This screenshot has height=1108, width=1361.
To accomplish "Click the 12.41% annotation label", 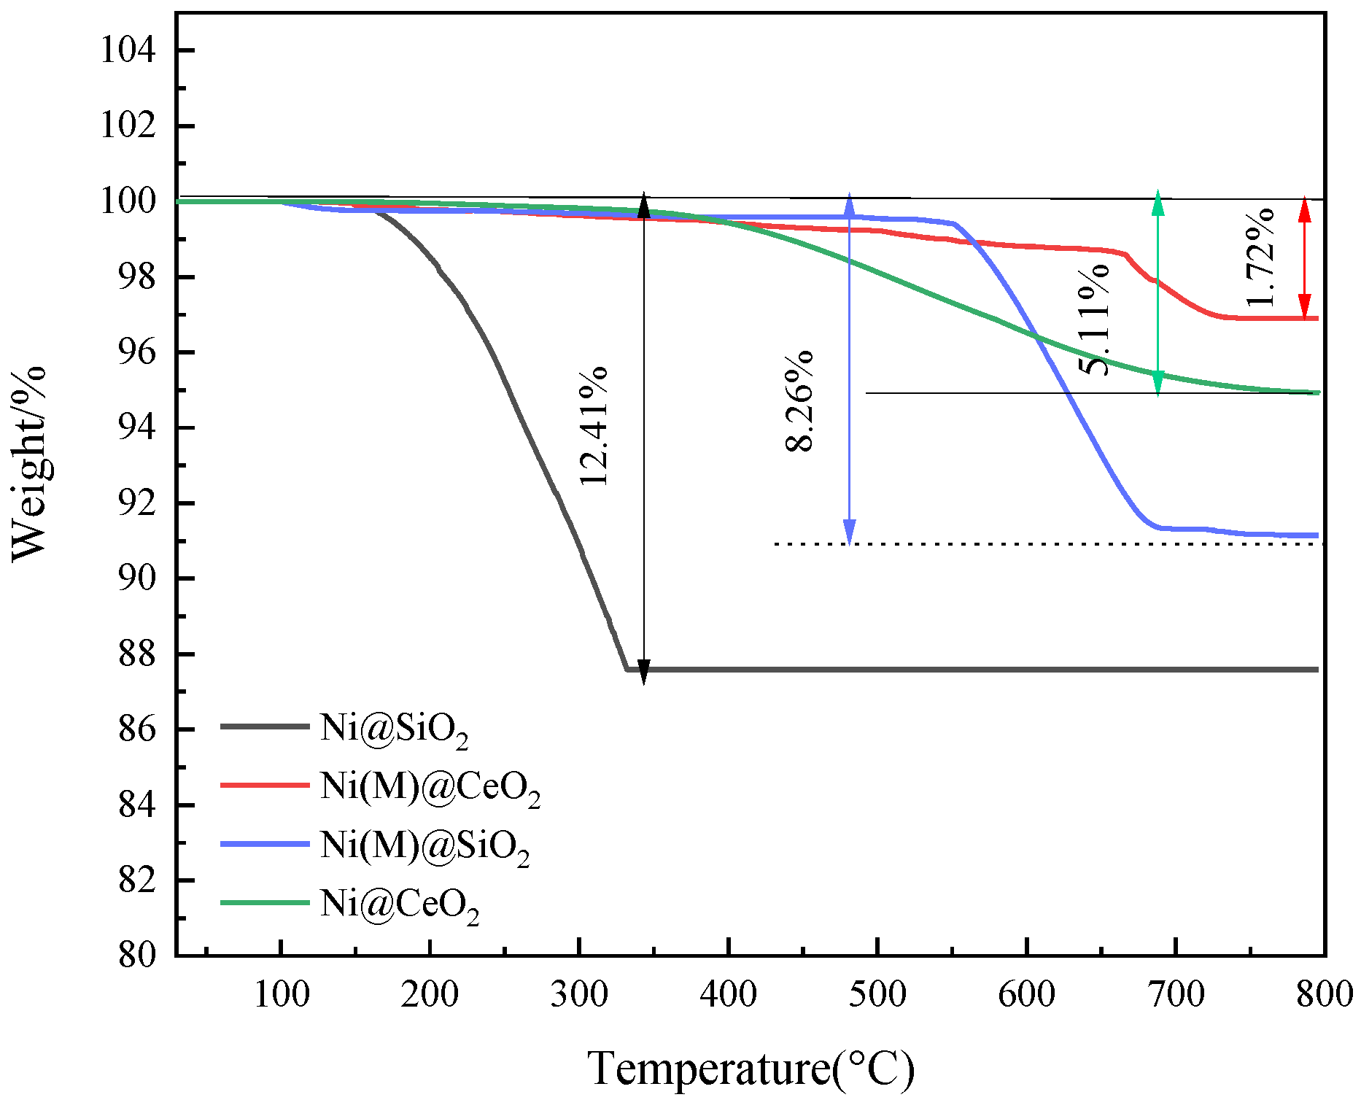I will click(593, 426).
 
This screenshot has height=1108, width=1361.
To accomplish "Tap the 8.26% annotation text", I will click(799, 401).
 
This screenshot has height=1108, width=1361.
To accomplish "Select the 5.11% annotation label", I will click(1095, 319).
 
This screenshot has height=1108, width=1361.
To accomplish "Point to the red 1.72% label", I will click(1260, 257).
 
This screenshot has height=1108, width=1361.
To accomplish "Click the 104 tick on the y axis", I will click(128, 50).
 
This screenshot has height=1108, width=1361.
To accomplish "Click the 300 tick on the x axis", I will click(578, 993).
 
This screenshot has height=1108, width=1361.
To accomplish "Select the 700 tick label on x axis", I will click(1175, 993).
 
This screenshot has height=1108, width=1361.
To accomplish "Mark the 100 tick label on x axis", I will click(281, 993).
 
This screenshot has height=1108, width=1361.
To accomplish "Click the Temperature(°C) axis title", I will click(751, 1069).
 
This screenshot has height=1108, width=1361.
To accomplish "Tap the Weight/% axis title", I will click(29, 464).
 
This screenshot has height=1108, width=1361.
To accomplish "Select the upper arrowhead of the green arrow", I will click(1158, 204).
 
